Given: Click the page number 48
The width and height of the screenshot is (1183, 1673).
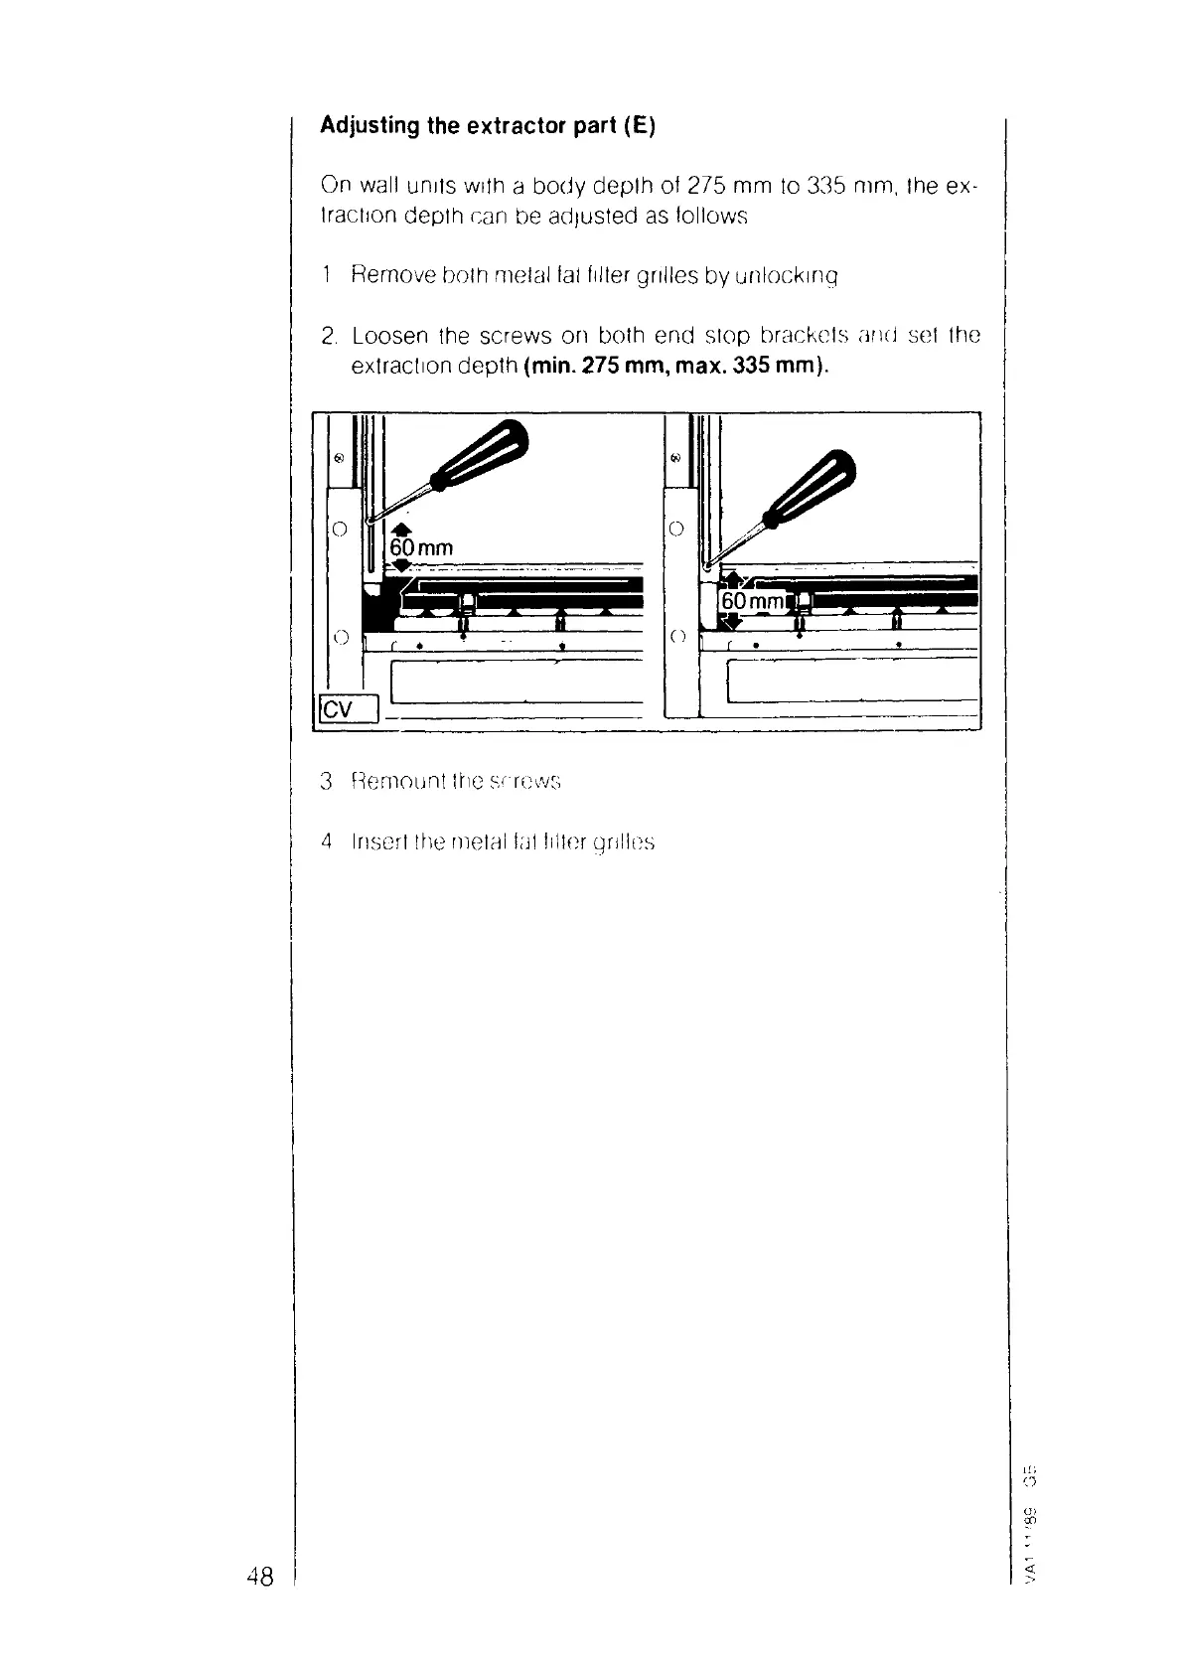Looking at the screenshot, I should click(x=259, y=1576).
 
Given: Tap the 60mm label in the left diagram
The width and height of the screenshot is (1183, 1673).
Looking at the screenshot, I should click(x=420, y=548).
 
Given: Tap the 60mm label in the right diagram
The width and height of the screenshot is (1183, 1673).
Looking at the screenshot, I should click(x=751, y=602).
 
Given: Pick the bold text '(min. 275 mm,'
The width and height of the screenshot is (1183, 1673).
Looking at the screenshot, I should click(x=613, y=366).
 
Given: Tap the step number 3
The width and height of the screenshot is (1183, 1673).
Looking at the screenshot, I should click(x=326, y=781).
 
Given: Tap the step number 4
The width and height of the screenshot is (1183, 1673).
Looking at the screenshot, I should click(x=326, y=842).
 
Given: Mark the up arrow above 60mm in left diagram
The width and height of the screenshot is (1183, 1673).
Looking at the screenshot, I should click(x=401, y=529).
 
